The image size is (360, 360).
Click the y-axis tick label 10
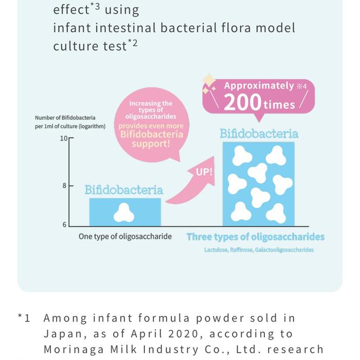pyautogui.click(x=64, y=138)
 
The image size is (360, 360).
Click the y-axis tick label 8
pyautogui.click(x=65, y=185)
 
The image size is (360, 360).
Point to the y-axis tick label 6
pyautogui.click(x=65, y=225)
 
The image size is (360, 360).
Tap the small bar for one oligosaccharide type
pyautogui.click(x=125, y=212)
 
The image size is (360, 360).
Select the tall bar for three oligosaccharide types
pyautogui.click(x=258, y=184)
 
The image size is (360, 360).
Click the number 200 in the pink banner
pyautogui.click(x=242, y=102)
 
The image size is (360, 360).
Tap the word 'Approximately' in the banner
pyautogui.click(x=259, y=86)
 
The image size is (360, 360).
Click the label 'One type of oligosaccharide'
pyautogui.click(x=125, y=237)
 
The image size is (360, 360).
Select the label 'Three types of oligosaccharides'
pyautogui.click(x=255, y=237)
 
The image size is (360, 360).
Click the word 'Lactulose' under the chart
pyautogui.click(x=215, y=250)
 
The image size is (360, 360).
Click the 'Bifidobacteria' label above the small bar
pyautogui.click(x=123, y=190)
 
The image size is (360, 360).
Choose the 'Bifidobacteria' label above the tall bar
pyautogui.click(x=259, y=134)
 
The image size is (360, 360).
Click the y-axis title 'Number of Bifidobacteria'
pyautogui.click(x=65, y=118)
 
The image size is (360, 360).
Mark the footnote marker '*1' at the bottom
pyautogui.click(x=24, y=319)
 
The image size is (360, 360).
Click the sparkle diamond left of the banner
pyautogui.click(x=209, y=81)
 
